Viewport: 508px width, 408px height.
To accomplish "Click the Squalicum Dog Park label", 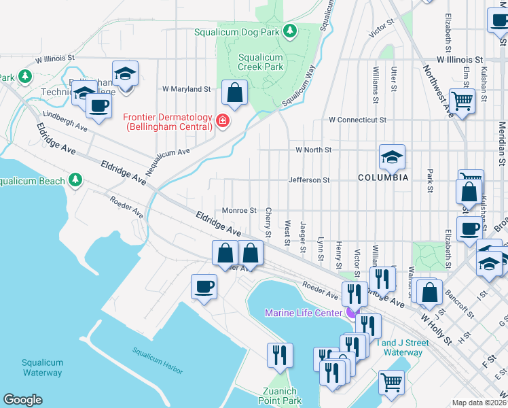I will [x=238, y=31].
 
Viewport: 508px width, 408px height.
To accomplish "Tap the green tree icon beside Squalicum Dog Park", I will [x=290, y=31].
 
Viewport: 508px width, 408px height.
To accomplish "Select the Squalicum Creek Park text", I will [x=261, y=63].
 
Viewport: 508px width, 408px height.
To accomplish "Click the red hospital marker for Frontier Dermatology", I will [x=221, y=122].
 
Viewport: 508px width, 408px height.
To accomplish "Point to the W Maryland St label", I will [x=186, y=89].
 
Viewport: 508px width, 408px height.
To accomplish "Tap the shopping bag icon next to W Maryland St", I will [x=234, y=94].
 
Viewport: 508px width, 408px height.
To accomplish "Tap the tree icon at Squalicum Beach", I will [x=75, y=180].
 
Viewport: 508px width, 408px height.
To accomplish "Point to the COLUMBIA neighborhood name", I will [x=383, y=177].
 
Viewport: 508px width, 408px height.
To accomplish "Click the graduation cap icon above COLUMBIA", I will [x=392, y=157].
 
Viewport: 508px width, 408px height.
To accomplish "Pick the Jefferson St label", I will [x=308, y=180].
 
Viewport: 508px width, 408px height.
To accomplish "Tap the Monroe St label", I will [x=238, y=211].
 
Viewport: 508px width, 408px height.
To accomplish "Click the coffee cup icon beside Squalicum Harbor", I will [x=204, y=286].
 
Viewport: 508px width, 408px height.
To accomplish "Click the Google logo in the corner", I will [x=22, y=400].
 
